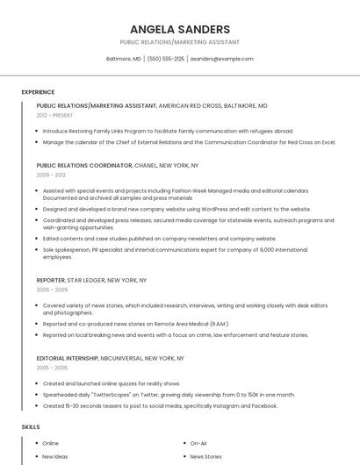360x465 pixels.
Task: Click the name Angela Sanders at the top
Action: click(x=179, y=29)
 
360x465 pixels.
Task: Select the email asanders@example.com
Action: click(x=221, y=59)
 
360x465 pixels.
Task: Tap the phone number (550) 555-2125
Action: click(x=166, y=59)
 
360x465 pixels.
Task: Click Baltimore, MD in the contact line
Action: click(x=124, y=59)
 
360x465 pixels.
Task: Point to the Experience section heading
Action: click(x=38, y=92)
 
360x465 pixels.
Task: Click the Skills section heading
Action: click(x=31, y=426)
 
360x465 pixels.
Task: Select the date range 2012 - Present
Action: click(x=55, y=115)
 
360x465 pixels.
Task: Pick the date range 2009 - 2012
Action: click(x=51, y=175)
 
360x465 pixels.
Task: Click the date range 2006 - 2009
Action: click(x=52, y=289)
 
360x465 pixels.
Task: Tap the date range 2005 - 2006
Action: click(x=52, y=368)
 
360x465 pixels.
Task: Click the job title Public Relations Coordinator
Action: click(x=84, y=165)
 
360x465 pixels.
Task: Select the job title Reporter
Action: click(x=51, y=280)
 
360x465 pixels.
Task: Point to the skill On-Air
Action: click(x=198, y=443)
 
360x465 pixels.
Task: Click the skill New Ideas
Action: click(x=54, y=456)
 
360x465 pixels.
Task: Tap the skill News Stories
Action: click(x=205, y=456)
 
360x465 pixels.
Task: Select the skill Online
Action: click(x=50, y=443)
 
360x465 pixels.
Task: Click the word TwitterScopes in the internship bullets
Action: click(x=104, y=395)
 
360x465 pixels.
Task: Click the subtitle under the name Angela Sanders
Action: click(x=179, y=42)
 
